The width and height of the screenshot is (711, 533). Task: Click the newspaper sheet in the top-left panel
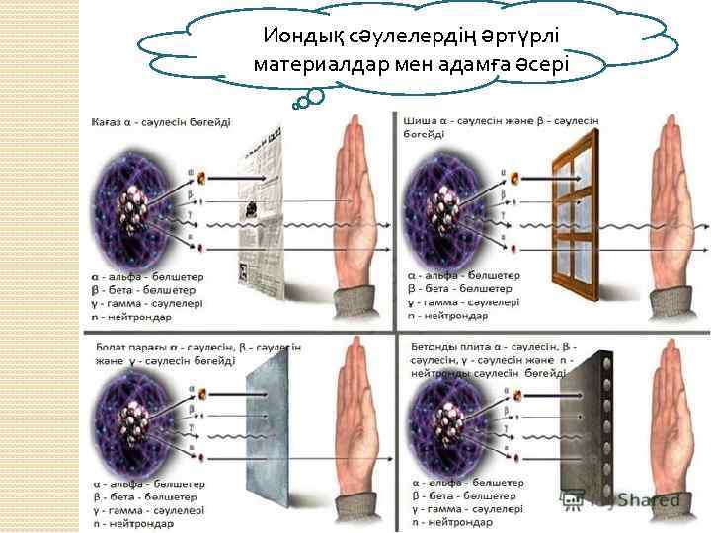coord(265,212)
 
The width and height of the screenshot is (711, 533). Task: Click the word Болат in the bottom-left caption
coord(112,347)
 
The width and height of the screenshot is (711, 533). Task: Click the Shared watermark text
coord(643,501)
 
